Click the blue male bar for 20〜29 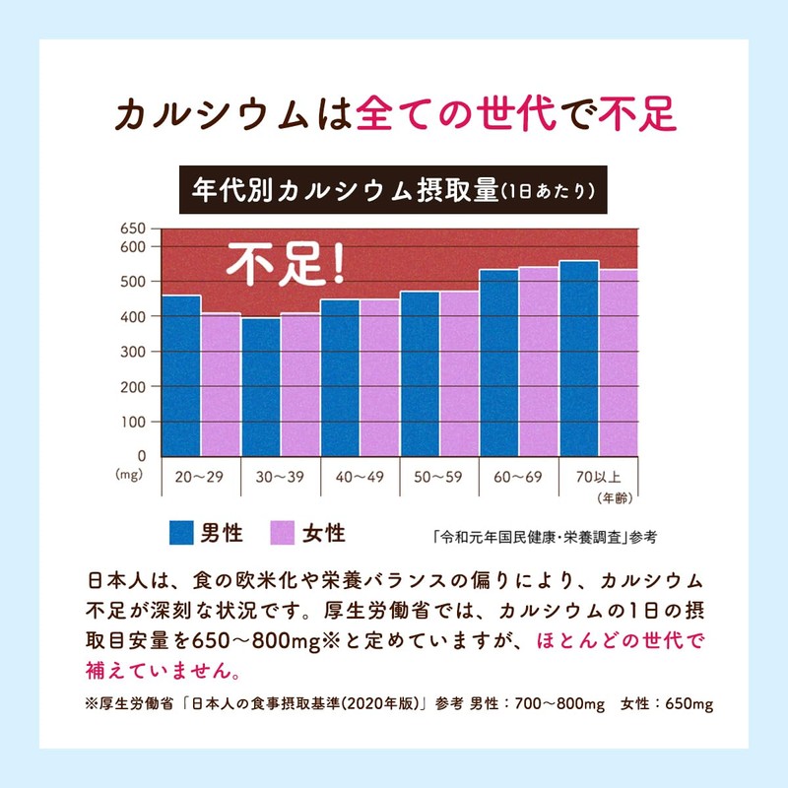tap(181, 375)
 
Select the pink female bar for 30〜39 tap(300, 384)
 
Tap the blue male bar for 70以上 tap(578, 359)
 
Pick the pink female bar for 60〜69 tap(539, 361)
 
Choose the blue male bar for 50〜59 tap(420, 373)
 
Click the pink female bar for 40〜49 tap(379, 377)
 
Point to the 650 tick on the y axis tap(133, 229)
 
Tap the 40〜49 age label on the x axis tap(360, 477)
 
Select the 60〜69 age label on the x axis tap(519, 477)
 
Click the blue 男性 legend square tap(180, 533)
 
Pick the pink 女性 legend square tap(285, 533)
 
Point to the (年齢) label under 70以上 tap(611, 495)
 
